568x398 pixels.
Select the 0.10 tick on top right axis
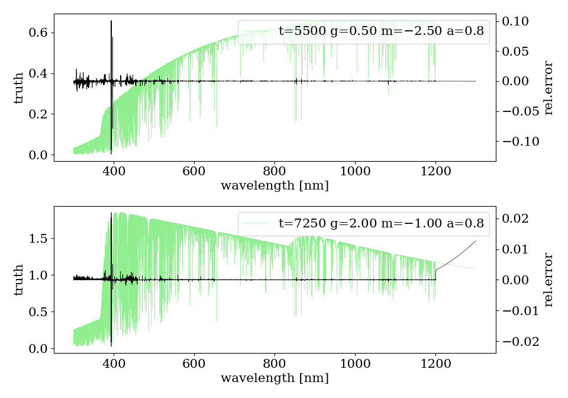(515, 21)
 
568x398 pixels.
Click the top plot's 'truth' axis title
(19, 88)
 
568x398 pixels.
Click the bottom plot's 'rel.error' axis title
(548, 280)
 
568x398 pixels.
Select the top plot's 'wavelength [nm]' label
(275, 186)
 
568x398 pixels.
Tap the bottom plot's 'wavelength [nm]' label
(275, 378)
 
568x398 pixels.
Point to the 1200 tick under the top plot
(435, 171)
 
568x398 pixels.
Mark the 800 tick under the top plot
(275, 171)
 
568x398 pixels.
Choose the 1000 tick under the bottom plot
(355, 362)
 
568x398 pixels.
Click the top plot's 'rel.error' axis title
(548, 88)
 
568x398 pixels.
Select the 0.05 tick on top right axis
(515, 51)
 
